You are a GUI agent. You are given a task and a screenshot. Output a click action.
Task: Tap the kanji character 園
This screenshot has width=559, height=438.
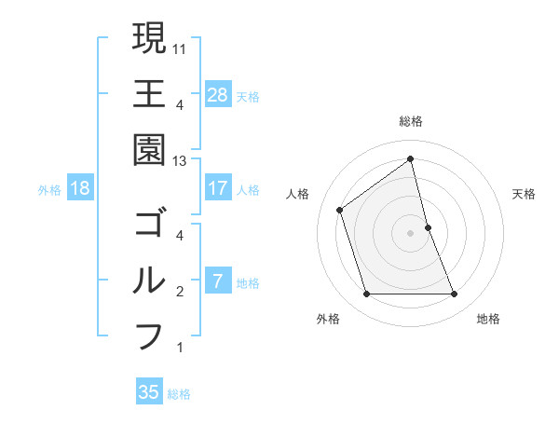pos(148,149)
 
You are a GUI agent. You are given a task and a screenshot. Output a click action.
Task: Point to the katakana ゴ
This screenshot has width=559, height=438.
pos(148,225)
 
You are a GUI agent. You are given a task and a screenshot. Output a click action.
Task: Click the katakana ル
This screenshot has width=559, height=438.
pos(148,281)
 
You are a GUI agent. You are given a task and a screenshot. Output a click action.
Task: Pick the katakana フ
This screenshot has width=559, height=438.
pos(148,335)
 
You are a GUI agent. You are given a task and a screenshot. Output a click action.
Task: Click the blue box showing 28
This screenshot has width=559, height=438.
pos(218,94)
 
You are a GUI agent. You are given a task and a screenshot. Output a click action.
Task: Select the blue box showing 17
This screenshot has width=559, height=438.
pos(218,188)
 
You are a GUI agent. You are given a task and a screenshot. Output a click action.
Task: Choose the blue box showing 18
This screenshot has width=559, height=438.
pos(80,188)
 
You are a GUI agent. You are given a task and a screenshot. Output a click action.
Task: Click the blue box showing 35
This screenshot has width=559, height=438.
pos(149,392)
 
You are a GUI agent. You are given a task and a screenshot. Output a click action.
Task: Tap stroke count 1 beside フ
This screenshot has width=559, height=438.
pos(180,348)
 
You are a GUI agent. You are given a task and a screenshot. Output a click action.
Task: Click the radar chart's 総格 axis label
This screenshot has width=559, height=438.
pos(410,122)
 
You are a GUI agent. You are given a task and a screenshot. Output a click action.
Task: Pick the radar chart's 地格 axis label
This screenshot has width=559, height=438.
pos(488,319)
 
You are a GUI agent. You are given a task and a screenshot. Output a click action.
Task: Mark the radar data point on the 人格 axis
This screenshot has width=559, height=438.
pos(340,210)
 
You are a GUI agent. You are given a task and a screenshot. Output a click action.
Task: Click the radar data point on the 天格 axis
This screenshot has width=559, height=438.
pos(429,226)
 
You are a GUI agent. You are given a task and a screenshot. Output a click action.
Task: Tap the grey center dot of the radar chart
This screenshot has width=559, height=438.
pos(410,233)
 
